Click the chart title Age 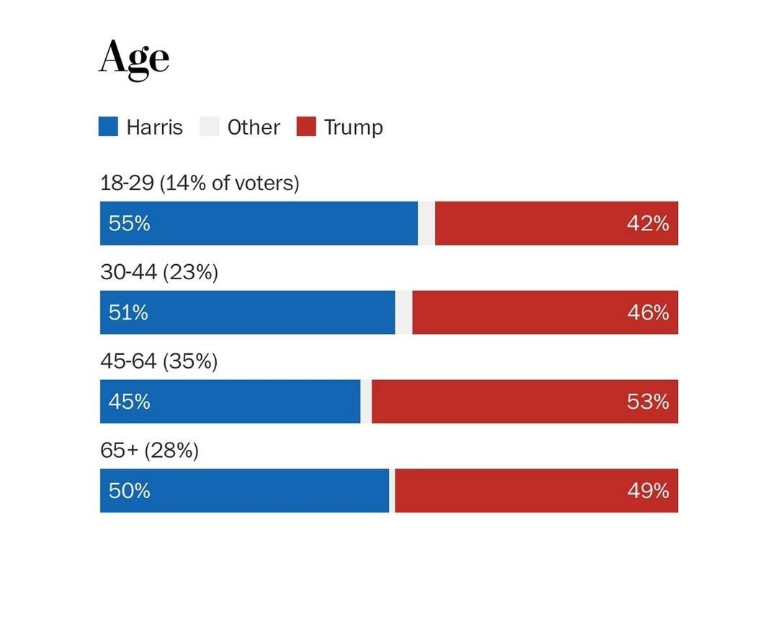pos(134,58)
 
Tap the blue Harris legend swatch pos(108,127)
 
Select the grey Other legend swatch pos(209,127)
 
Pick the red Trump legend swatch pos(306,127)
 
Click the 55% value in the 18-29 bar pos(130,223)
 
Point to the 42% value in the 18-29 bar pos(648,223)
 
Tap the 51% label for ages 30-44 pos(128,312)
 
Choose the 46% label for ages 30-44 pos(648,312)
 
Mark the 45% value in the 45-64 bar pos(130,402)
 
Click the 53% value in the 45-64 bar pos(648,402)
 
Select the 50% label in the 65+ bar pos(130,491)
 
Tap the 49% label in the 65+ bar pos(648,491)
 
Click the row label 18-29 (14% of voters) pos(200,183)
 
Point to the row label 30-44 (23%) pos(159,273)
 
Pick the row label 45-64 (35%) pos(159,361)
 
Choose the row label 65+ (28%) pos(149,451)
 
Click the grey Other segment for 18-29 pos(426,223)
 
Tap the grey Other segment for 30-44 pos(403,312)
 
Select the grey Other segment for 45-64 pos(366,402)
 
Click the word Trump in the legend pos(353,127)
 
